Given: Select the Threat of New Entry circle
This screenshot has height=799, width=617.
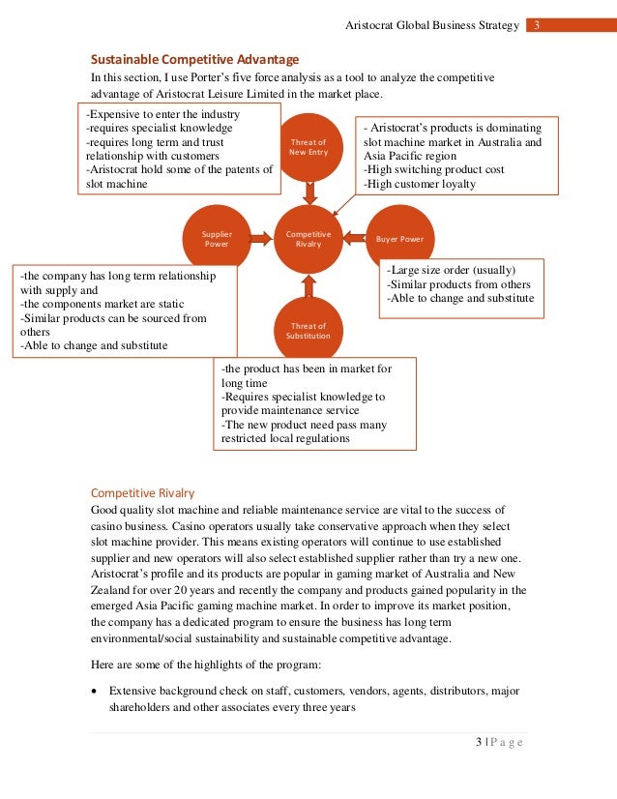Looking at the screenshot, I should [308, 147].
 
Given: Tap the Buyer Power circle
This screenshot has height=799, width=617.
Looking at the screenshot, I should [399, 238].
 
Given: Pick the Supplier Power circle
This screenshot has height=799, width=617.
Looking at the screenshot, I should [217, 238].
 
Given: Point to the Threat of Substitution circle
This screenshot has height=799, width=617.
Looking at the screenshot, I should [308, 330].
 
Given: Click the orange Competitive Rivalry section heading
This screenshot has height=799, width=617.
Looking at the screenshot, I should [142, 491].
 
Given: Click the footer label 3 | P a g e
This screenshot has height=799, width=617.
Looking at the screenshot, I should [499, 742].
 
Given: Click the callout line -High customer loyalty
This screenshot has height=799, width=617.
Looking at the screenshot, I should [419, 184].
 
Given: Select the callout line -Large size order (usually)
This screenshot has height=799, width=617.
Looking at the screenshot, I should [451, 270].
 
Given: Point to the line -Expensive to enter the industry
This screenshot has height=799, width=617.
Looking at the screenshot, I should [162, 114].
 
